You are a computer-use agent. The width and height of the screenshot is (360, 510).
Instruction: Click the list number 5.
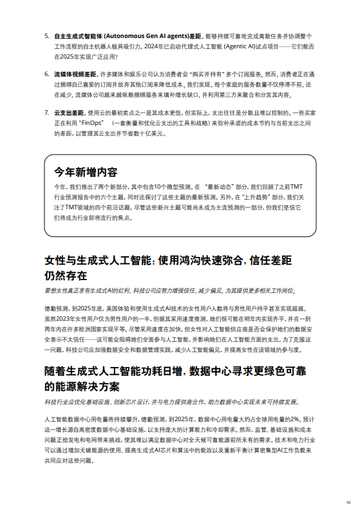pyautogui.click(x=46, y=36)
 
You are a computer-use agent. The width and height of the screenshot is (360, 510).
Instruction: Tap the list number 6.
pyautogui.click(x=46, y=74)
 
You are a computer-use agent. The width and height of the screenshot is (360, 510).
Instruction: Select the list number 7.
pyautogui.click(x=46, y=112)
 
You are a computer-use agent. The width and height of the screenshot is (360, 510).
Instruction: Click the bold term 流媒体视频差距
pyautogui.click(x=75, y=74)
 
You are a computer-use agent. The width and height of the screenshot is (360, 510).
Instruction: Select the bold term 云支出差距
pyautogui.click(x=70, y=112)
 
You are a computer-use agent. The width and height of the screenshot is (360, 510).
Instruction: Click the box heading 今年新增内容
pyautogui.click(x=86, y=172)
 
